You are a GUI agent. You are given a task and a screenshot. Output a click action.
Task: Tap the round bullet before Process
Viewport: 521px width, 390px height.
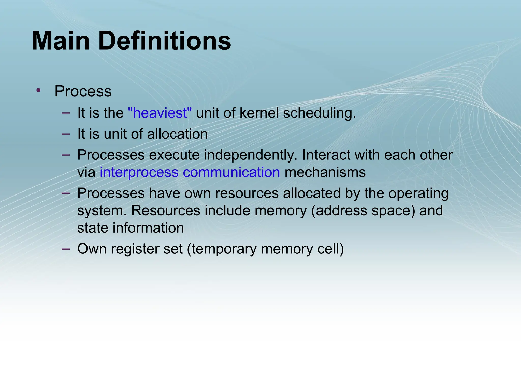click(x=38, y=90)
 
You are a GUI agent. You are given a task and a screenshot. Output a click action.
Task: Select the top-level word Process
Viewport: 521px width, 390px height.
click(x=83, y=91)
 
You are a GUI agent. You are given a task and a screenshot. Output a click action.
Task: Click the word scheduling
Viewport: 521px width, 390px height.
click(x=319, y=113)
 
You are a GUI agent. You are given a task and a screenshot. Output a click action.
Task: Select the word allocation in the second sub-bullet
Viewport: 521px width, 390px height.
click(x=177, y=134)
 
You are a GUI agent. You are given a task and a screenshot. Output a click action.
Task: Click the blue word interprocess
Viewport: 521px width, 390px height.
click(x=139, y=172)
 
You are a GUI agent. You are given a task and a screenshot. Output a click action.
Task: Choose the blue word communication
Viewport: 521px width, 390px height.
click(x=231, y=172)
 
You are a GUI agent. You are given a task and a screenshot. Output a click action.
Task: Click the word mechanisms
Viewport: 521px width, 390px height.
click(x=325, y=172)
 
